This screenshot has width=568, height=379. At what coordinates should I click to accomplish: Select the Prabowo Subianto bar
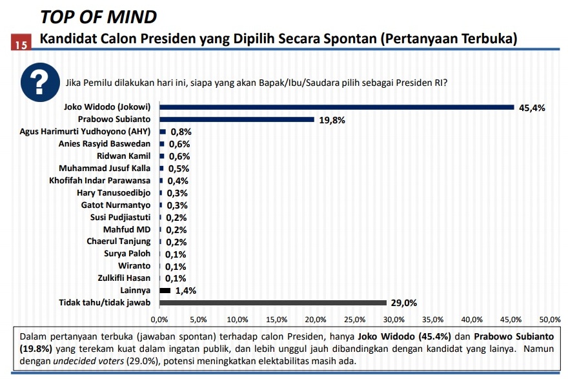coord(236,119)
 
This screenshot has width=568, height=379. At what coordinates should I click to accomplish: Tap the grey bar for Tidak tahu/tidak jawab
coord(272,303)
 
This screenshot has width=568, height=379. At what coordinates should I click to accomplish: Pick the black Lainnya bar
coord(165,291)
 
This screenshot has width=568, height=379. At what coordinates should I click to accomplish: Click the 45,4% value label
coord(532,108)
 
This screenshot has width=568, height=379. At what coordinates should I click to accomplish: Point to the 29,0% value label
coord(403,303)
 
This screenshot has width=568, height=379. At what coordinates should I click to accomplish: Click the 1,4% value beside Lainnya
coord(185,291)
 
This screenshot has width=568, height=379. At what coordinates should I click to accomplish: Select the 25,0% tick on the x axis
coord(355,320)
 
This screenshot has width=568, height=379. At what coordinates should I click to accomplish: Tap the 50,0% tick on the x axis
coord(550,320)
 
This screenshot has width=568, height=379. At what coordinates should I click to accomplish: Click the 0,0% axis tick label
coord(159,320)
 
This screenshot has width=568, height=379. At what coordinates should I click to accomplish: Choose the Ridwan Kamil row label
coord(123,156)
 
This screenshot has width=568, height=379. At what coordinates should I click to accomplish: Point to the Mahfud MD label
coord(127,230)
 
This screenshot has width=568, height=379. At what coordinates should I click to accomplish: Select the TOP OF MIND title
coord(98,16)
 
